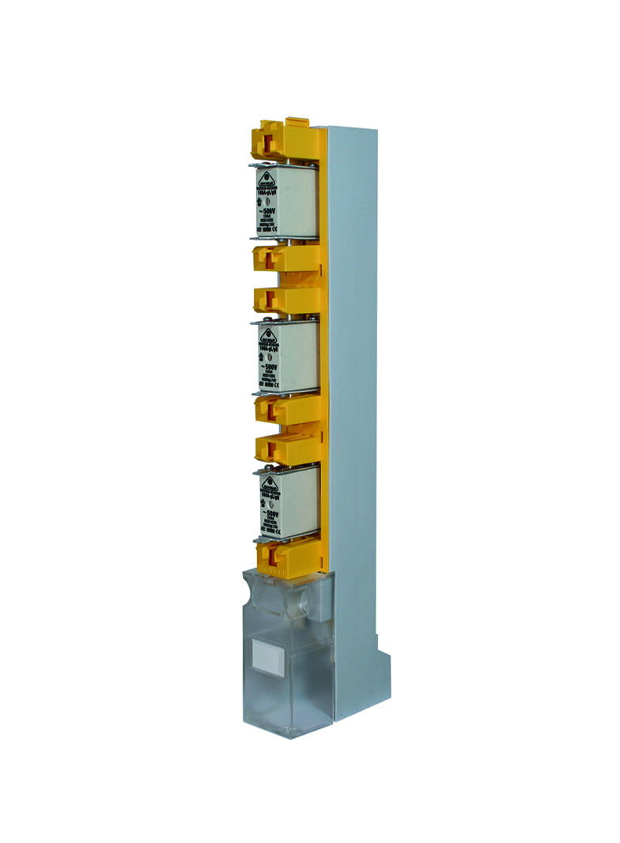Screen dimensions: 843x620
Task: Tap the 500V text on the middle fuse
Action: (x=268, y=368)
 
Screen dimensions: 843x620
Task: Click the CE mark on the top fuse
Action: (x=276, y=231)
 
